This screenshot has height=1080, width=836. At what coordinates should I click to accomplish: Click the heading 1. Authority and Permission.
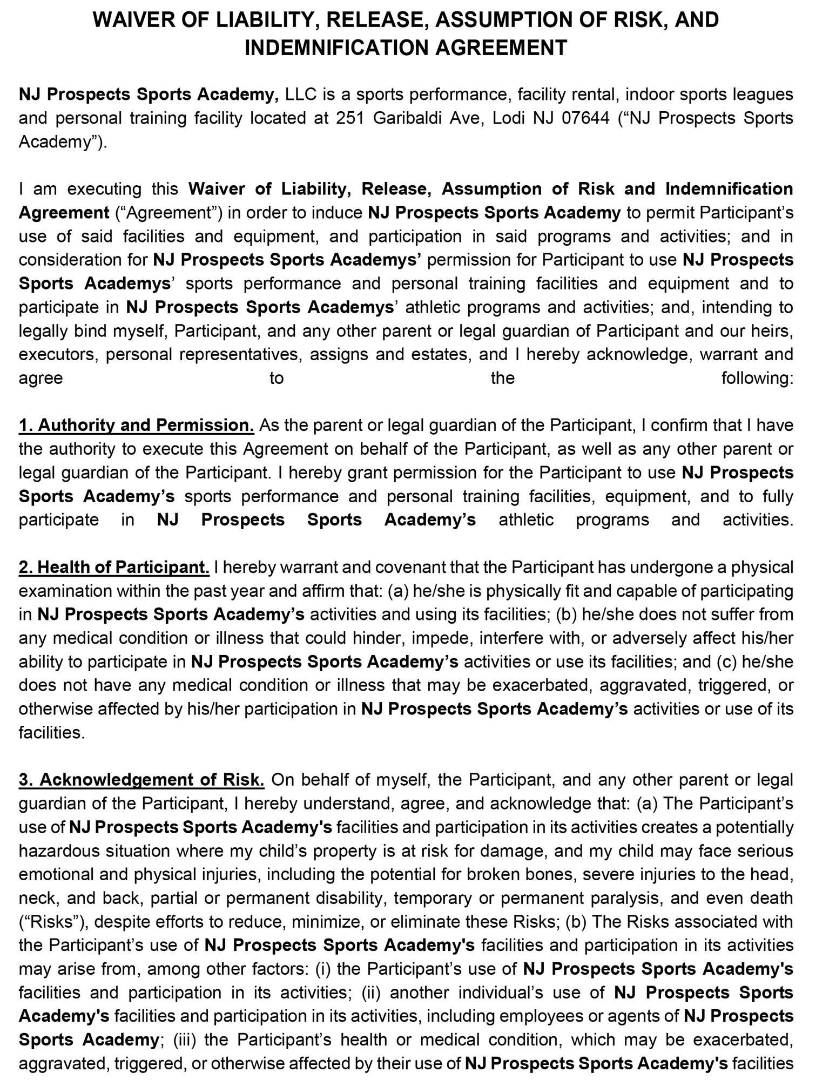point(136,425)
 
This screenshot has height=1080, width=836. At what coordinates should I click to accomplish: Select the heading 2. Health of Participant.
point(114,567)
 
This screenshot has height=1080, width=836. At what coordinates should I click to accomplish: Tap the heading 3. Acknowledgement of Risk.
point(141,780)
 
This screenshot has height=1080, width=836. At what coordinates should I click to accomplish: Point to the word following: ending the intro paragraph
point(757,378)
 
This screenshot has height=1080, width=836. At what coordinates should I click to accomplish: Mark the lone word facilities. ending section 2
point(52,733)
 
